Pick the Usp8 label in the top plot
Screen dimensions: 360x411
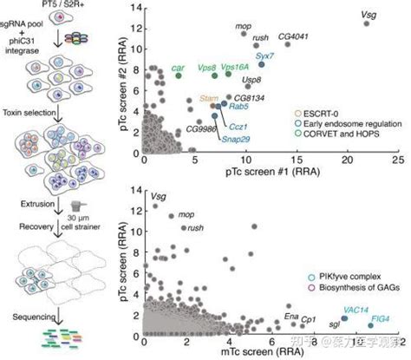[252, 79]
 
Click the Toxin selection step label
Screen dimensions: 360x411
[29, 114]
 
